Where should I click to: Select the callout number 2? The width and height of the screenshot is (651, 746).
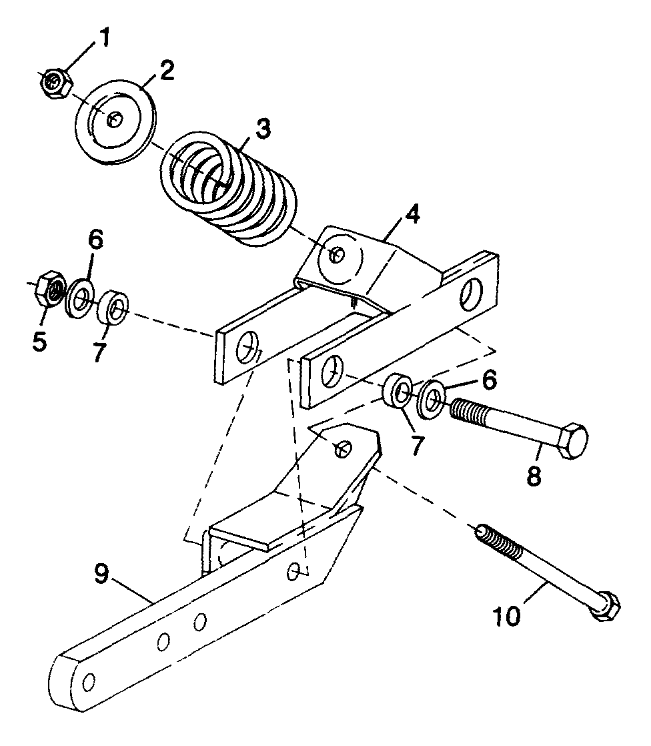click(165, 71)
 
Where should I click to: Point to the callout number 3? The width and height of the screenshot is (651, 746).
click(263, 128)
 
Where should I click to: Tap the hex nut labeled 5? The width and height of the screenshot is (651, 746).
click(49, 289)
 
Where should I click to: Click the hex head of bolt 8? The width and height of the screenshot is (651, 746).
click(572, 440)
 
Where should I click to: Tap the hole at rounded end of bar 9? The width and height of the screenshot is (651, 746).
click(87, 681)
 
